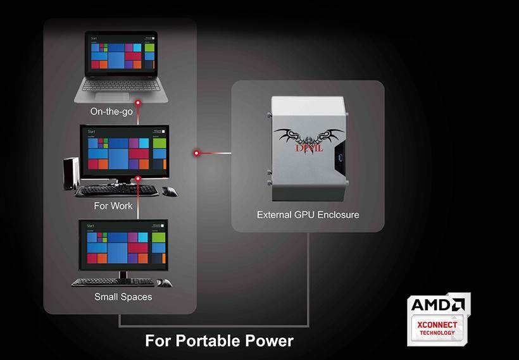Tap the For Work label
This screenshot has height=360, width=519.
pyautogui.click(x=113, y=206)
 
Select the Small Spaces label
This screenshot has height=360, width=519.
pyautogui.click(x=123, y=296)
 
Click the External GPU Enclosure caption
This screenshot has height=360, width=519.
pyautogui.click(x=308, y=214)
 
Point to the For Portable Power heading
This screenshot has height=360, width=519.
pyautogui.click(x=219, y=341)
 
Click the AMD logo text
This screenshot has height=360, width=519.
pyautogui.click(x=437, y=305)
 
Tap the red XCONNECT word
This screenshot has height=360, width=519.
pyautogui.click(x=437, y=325)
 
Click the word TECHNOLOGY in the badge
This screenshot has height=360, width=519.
pyautogui.click(x=437, y=333)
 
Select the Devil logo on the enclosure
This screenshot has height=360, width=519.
pyautogui.click(x=308, y=139)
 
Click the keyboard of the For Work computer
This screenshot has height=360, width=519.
pyautogui.click(x=116, y=190)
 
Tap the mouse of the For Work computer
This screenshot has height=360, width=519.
pyautogui.click(x=169, y=190)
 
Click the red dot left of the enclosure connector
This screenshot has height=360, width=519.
pyautogui.click(x=197, y=152)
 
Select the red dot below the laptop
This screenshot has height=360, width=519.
pyautogui.click(x=137, y=101)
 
